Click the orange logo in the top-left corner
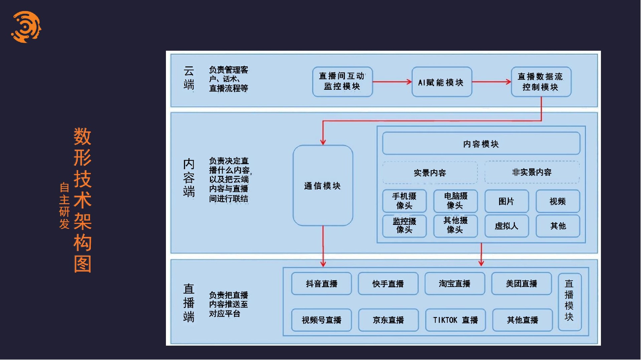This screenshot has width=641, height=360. (x=26, y=27)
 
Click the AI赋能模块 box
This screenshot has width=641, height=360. (x=441, y=82)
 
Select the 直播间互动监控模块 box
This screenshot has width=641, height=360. (x=342, y=82)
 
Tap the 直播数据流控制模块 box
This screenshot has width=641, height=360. (x=541, y=82)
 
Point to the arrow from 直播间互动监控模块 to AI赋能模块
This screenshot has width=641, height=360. (x=392, y=82)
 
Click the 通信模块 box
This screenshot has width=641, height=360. (x=323, y=186)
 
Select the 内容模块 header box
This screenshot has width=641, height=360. (x=481, y=143)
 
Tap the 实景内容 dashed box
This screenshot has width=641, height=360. (x=430, y=173)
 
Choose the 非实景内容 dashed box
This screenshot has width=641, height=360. (x=532, y=172)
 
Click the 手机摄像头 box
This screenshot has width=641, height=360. (x=404, y=201)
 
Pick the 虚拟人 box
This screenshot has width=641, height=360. (x=506, y=226)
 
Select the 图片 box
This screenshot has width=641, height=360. (x=506, y=201)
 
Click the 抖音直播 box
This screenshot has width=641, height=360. (x=321, y=284)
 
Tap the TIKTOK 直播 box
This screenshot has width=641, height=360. (x=455, y=320)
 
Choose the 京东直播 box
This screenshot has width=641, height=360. (x=388, y=320)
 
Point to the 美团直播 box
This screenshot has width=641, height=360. (x=521, y=284)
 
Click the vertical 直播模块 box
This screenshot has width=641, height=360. (x=569, y=302)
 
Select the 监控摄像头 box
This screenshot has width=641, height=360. (x=404, y=226)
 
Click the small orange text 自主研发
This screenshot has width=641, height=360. (x=64, y=206)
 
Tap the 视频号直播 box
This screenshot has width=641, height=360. (x=321, y=320)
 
